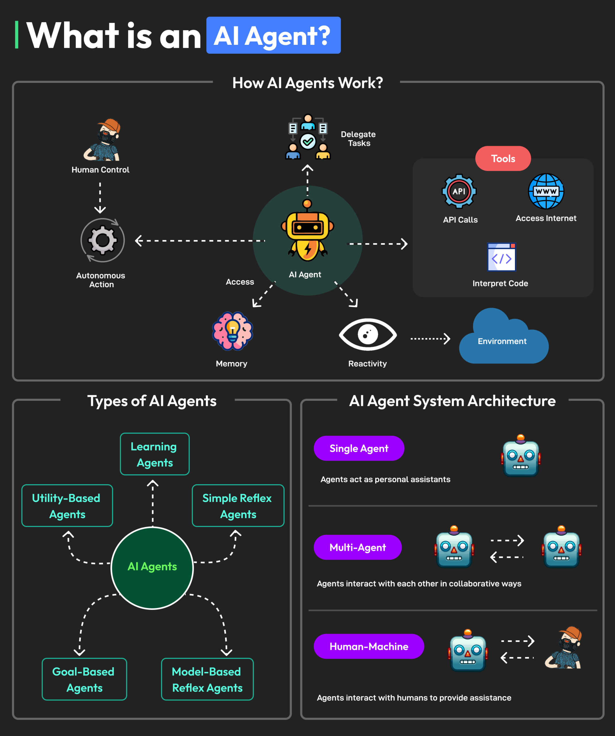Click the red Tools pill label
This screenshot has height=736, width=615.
[503, 158]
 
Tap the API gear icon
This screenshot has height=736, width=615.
[459, 191]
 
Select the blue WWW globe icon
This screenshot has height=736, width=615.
[546, 191]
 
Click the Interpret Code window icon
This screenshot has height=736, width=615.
[501, 257]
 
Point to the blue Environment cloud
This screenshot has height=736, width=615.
[503, 340]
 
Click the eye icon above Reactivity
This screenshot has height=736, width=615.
[368, 334]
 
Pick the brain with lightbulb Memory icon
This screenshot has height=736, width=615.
[232, 331]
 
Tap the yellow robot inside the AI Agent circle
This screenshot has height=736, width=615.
[307, 233]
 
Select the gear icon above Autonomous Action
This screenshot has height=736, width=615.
[102, 240]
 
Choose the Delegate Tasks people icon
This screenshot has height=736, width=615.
[308, 138]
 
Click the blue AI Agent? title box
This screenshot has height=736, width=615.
[273, 35]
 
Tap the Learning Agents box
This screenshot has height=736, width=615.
[154, 454]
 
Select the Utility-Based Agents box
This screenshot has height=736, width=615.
[67, 506]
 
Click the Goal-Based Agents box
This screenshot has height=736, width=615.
[84, 679]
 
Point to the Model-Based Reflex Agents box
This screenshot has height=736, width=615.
[207, 679]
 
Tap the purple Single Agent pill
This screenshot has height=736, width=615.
[359, 448]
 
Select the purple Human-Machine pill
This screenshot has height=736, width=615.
[369, 646]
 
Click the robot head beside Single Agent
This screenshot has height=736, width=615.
[520, 457]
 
